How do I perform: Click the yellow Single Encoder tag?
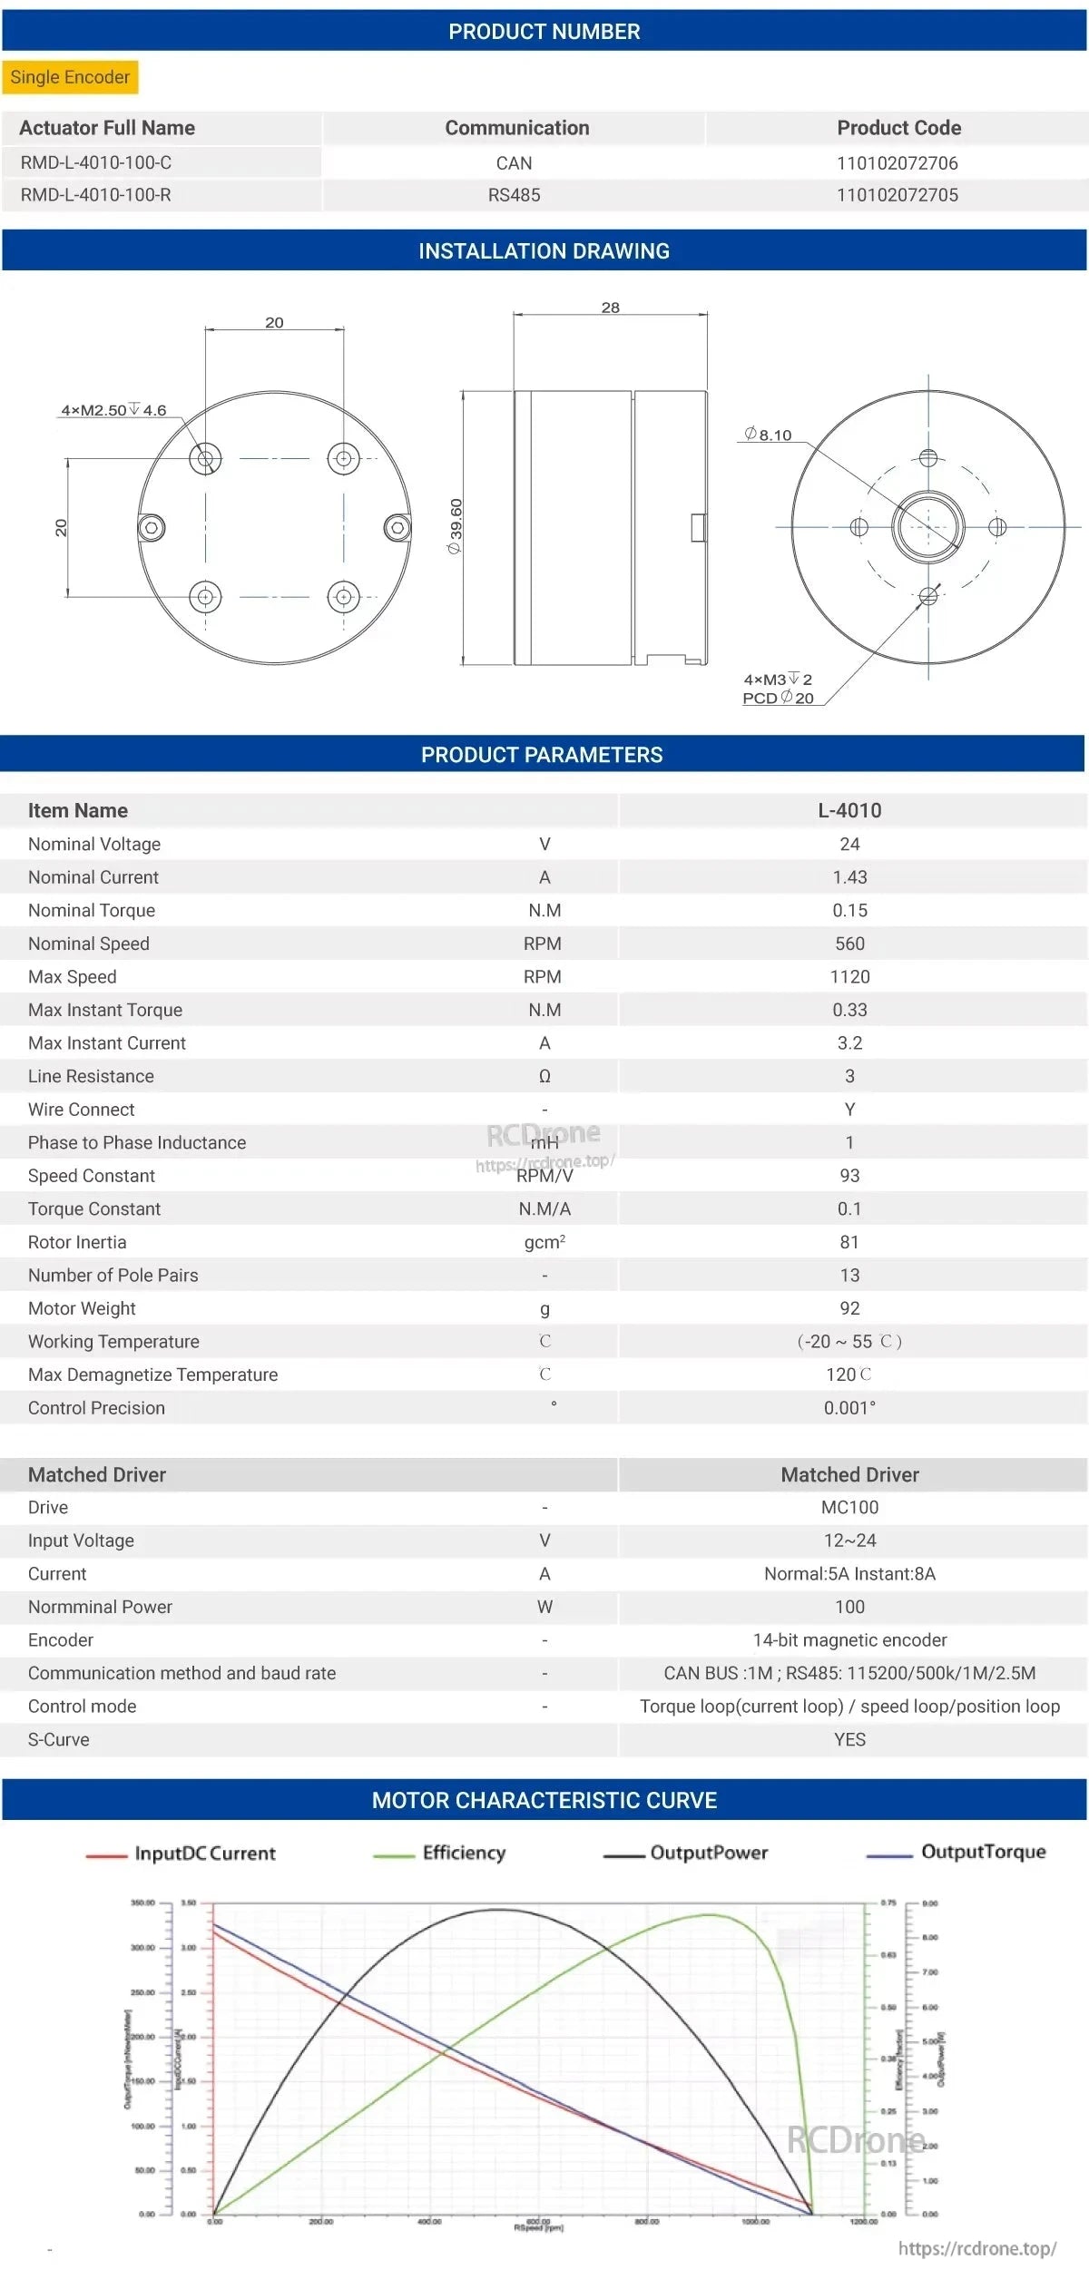(70, 77)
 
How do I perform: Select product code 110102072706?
(897, 163)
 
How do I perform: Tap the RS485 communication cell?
(514, 195)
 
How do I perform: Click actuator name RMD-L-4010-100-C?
(96, 163)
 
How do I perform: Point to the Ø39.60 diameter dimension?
(456, 526)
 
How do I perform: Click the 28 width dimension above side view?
(610, 308)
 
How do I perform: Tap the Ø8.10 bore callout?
(768, 435)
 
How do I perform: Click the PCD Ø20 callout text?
(778, 698)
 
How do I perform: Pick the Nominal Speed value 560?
(849, 944)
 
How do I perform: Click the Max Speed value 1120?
(849, 977)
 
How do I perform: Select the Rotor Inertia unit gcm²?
(544, 1242)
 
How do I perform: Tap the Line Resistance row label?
(91, 1076)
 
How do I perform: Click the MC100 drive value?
(849, 1507)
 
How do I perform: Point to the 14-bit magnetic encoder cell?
(849, 1639)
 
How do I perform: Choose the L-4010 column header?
(849, 810)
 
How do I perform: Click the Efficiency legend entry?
(463, 1853)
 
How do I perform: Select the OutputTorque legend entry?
(982, 1852)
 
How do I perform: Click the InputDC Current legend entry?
(204, 1854)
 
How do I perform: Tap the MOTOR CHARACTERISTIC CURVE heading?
(544, 1800)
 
